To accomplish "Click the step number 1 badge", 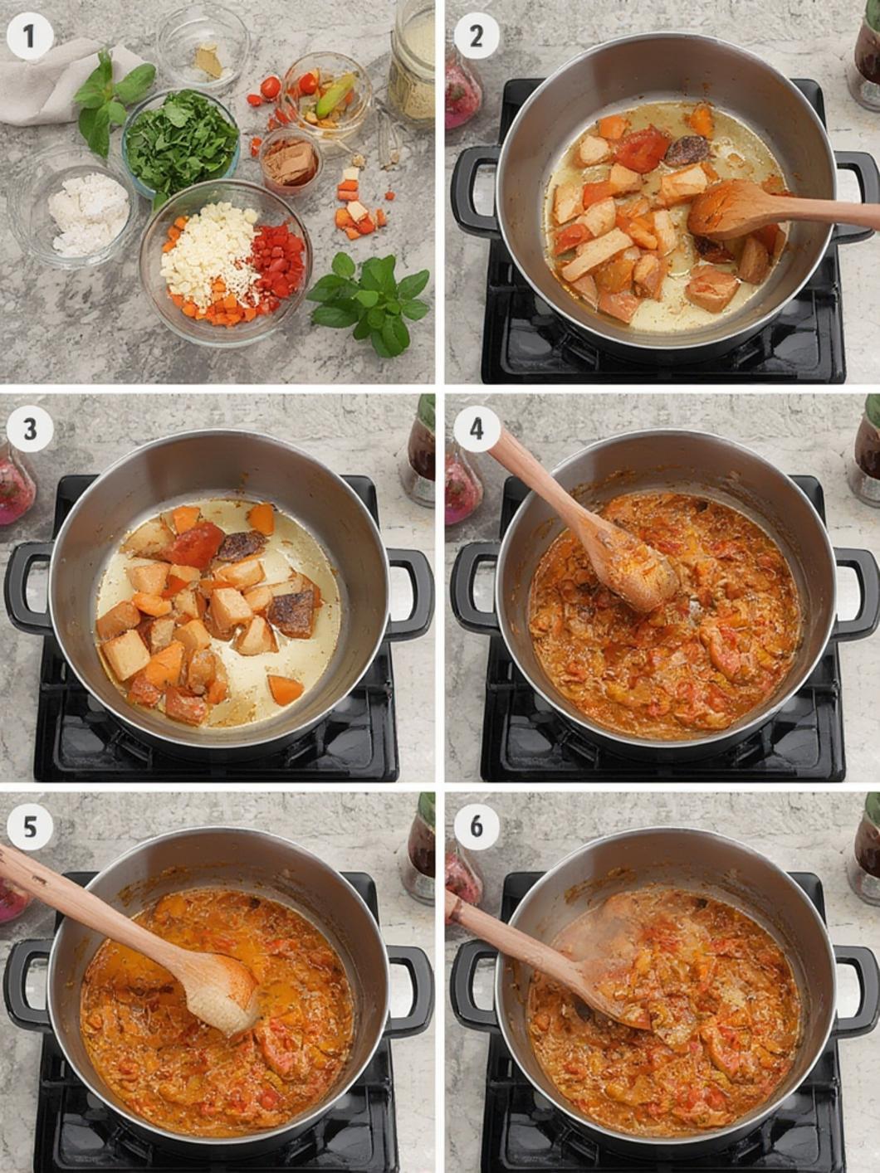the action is pos(29,37).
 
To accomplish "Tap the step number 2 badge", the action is pos(477,37).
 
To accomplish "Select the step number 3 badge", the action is pos(29,431).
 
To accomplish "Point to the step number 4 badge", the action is pos(477,431).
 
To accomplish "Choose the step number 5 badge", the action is pos(29,827).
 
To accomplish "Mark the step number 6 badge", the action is pos(477,827).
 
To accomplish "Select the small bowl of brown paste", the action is pos(291,161).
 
